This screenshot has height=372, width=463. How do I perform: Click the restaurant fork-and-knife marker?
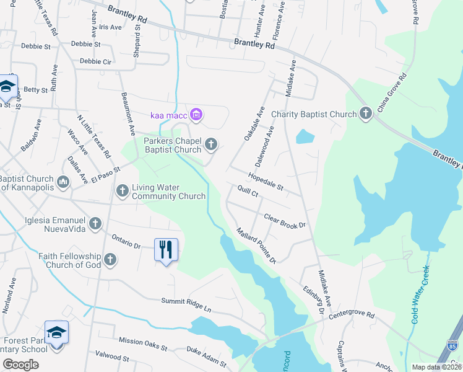(165, 250)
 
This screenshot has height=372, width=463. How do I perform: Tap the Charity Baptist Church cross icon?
(366, 113)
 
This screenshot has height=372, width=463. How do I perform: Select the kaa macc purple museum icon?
(197, 115)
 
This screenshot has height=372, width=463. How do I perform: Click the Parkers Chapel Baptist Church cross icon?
(211, 145)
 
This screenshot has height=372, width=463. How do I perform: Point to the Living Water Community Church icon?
(123, 191)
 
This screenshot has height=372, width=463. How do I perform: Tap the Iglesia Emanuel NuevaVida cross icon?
(95, 223)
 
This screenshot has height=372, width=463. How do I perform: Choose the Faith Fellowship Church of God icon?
(110, 260)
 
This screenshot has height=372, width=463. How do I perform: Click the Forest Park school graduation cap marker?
(56, 334)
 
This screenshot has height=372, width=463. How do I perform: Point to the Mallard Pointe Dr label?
(256, 245)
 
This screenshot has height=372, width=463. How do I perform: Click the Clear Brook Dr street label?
(285, 221)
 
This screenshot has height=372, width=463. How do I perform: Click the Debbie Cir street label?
(95, 62)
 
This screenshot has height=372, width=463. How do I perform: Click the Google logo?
(20, 365)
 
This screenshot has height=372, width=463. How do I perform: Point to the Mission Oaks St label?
(143, 343)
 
